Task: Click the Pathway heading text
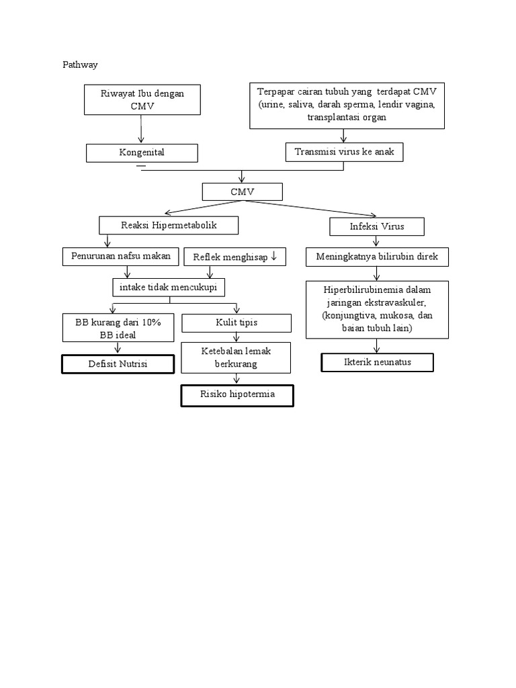pyautogui.click(x=80, y=65)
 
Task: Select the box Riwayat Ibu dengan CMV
pyautogui.click(x=142, y=99)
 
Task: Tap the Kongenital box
pyautogui.click(x=142, y=153)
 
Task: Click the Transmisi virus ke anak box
pyautogui.click(x=344, y=152)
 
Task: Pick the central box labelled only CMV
pyautogui.click(x=242, y=192)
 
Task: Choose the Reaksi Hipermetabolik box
pyautogui.click(x=169, y=225)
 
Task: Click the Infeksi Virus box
pyautogui.click(x=377, y=226)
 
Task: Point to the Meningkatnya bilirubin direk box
pyautogui.click(x=377, y=257)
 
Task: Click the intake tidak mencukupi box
pyautogui.click(x=168, y=288)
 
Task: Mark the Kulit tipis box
pyautogui.click(x=236, y=323)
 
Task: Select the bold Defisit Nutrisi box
pyautogui.click(x=118, y=363)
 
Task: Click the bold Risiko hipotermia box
pyautogui.click(x=238, y=395)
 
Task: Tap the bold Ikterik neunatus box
pyautogui.click(x=377, y=362)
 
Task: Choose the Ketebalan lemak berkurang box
pyautogui.click(x=236, y=357)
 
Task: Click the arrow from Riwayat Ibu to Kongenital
pyautogui.click(x=141, y=129)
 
